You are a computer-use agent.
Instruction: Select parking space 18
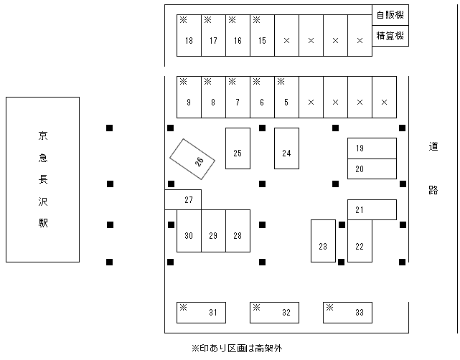(189, 36)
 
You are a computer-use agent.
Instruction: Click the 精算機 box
(390, 35)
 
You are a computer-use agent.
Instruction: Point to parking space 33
(347, 313)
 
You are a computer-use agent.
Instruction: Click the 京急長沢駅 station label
(43, 179)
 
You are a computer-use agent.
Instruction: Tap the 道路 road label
(433, 168)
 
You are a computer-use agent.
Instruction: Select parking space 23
(323, 241)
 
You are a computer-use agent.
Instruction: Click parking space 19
(372, 148)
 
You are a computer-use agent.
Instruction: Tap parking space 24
(286, 148)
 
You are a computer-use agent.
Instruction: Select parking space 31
(202, 313)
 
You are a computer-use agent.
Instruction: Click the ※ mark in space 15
(256, 19)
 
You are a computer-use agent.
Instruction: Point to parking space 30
(189, 231)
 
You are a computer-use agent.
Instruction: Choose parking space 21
(372, 209)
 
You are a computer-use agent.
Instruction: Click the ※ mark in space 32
(255, 308)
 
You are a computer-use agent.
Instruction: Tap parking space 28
(238, 231)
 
